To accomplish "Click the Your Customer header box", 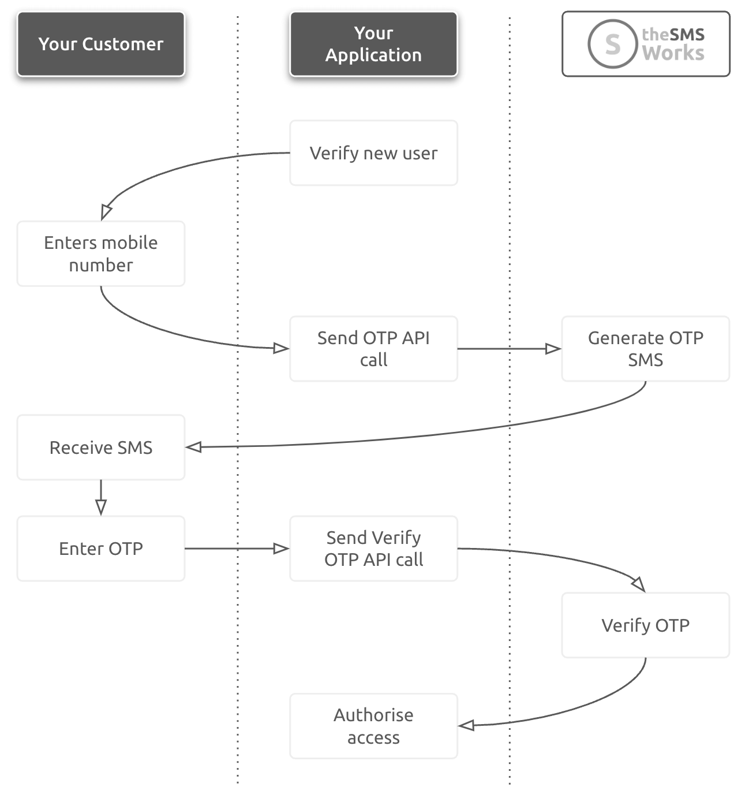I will (x=101, y=44).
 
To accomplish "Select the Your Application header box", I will (x=373, y=44).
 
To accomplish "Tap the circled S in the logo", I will (x=612, y=44).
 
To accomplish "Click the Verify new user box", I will (x=373, y=153).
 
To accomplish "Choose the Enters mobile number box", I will (x=101, y=253).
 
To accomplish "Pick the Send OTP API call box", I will (x=373, y=349).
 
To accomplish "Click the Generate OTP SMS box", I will (x=645, y=349).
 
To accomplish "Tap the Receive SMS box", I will (x=101, y=448).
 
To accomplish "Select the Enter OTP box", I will (x=101, y=549).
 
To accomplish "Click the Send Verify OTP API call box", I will (x=373, y=549).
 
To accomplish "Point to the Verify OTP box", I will (x=645, y=625).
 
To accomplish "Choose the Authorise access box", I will (x=373, y=726).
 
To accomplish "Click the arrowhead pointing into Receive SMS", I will (x=194, y=447).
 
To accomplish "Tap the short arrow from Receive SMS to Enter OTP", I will (x=101, y=497).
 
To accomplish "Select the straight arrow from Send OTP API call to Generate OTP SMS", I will (x=508, y=349).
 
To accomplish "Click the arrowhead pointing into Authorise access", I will (x=466, y=725).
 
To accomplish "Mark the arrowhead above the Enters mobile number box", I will (x=106, y=212).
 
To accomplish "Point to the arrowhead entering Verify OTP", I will (x=639, y=584).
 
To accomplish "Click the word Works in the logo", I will (x=673, y=54).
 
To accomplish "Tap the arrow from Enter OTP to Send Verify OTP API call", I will (x=237, y=549).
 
